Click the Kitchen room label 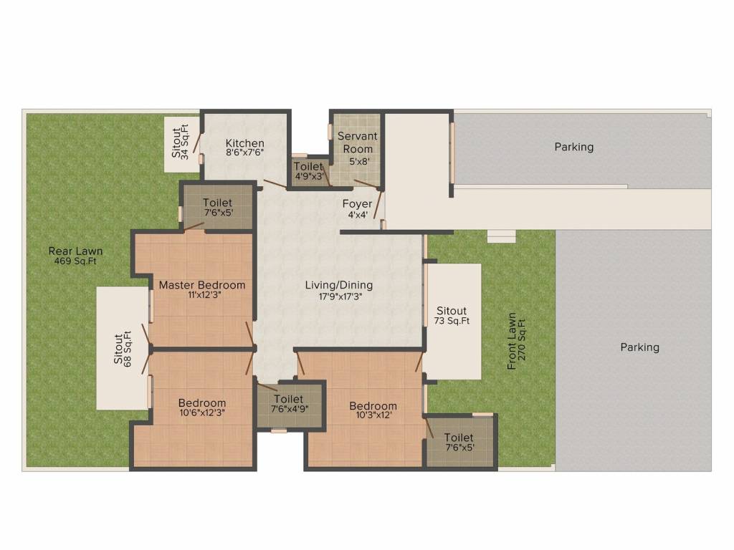pyautogui.click(x=245, y=143)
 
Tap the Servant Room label pyautogui.click(x=357, y=142)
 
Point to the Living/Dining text pyautogui.click(x=338, y=285)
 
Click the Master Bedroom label pyautogui.click(x=201, y=285)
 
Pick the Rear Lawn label pyautogui.click(x=75, y=251)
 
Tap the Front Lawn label pyautogui.click(x=512, y=341)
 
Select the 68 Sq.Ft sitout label pyautogui.click(x=123, y=349)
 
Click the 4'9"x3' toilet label pyautogui.click(x=309, y=171)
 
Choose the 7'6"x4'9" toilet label pyautogui.click(x=289, y=404)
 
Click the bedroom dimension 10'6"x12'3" pyautogui.click(x=202, y=412)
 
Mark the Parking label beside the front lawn pyautogui.click(x=639, y=347)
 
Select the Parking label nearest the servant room pyautogui.click(x=574, y=147)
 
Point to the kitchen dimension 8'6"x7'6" pyautogui.click(x=245, y=153)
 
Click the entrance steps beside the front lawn pyautogui.click(x=501, y=236)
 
